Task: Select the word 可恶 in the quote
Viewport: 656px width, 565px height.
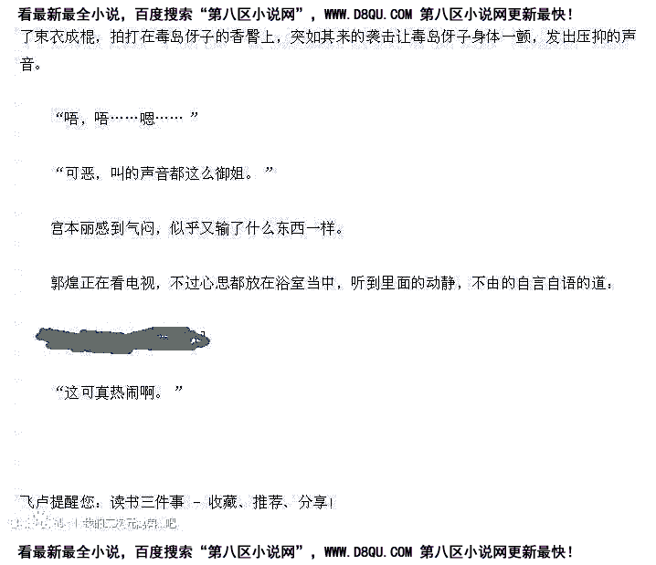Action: tap(79, 173)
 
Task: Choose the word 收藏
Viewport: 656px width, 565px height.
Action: tap(223, 501)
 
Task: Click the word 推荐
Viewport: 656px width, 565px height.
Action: tap(270, 501)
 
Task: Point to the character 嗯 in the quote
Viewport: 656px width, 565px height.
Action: tap(147, 119)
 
